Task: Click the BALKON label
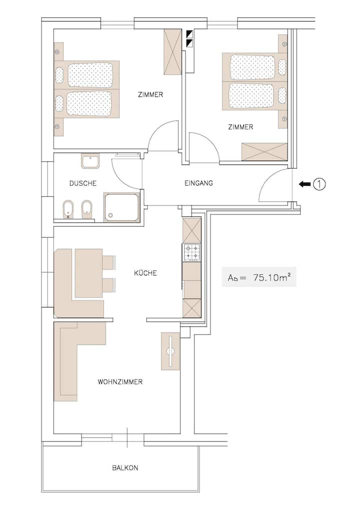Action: tap(125, 468)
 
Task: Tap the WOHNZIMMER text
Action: tap(120, 382)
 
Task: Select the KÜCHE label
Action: tap(145, 273)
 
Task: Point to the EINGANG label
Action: tap(198, 183)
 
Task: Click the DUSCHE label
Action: tap(83, 183)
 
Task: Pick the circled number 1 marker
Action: tap(319, 184)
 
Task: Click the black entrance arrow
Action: tap(304, 184)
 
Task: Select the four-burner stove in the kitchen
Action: tap(192, 252)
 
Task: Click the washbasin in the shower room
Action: tap(90, 161)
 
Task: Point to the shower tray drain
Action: tap(110, 215)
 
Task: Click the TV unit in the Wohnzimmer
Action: tap(170, 351)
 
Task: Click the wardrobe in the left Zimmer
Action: tap(172, 52)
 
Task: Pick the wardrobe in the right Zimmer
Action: tap(264, 151)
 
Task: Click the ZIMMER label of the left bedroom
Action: tap(150, 95)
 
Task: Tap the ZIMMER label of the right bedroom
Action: tap(240, 127)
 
